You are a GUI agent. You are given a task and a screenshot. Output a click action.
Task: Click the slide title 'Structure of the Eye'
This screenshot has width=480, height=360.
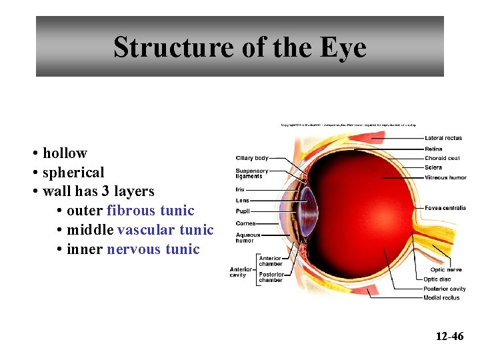pos(239,47)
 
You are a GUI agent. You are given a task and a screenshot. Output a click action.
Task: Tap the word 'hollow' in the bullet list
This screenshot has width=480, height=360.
pos(65,153)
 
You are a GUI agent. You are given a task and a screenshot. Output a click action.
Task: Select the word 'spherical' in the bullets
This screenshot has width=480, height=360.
pos(73,172)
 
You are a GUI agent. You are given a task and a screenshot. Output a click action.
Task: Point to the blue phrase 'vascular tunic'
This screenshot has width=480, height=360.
pos(165,230)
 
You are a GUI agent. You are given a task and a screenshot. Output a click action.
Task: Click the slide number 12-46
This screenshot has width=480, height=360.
pos(449,336)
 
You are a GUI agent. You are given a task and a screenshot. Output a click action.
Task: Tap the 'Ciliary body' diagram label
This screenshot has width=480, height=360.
pos(252,158)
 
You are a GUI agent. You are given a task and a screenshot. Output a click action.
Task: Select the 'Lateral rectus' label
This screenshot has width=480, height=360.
pos(443,138)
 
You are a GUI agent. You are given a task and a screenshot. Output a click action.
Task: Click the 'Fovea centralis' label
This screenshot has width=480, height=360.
pos(445,208)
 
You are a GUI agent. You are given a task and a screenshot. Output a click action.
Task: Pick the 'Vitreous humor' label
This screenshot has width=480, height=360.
pos(445,177)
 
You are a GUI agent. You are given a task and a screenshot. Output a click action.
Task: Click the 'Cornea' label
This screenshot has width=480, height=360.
pos(245,223)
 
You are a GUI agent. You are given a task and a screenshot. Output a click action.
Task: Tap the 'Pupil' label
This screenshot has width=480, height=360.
pos(243,211)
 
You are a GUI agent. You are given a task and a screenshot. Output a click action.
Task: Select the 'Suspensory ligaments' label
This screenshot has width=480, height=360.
pos(252,173)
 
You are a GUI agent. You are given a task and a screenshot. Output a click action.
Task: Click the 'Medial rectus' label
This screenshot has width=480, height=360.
pos(441,297)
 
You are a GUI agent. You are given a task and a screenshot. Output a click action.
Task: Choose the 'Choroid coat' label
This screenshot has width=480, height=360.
pos(442,159)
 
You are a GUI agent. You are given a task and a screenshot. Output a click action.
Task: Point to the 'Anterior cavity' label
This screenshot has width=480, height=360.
pos(238,272)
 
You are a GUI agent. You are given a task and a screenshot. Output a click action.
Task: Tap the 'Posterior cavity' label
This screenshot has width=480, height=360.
pos(445,289)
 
